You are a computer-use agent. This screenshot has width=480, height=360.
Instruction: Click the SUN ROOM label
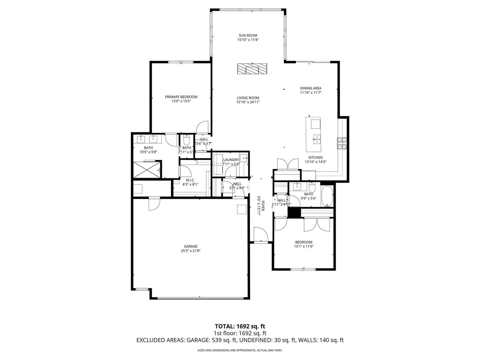(248, 36)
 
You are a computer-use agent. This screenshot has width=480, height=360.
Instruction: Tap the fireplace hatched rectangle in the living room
(252, 69)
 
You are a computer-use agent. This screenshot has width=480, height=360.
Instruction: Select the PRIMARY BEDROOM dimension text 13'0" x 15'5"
(181, 101)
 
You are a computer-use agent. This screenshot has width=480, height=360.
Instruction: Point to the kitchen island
(313, 133)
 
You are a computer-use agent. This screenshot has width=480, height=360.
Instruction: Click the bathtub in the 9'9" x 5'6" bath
(327, 196)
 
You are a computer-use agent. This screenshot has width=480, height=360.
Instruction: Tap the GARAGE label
(190, 246)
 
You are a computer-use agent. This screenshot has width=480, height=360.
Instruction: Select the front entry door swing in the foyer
(260, 235)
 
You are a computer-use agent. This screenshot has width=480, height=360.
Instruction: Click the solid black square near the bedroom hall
(294, 212)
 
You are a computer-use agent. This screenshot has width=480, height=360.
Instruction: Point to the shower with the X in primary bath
(146, 169)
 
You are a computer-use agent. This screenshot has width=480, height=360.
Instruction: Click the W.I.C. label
(190, 180)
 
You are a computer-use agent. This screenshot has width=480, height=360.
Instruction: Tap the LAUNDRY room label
(231, 160)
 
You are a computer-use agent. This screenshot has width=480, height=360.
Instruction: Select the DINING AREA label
(310, 88)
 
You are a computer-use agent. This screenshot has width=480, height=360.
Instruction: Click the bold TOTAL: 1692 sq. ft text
(240, 326)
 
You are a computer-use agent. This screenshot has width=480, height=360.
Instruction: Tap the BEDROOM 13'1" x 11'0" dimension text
(304, 246)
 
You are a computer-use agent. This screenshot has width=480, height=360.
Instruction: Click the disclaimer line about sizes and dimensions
(240, 350)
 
